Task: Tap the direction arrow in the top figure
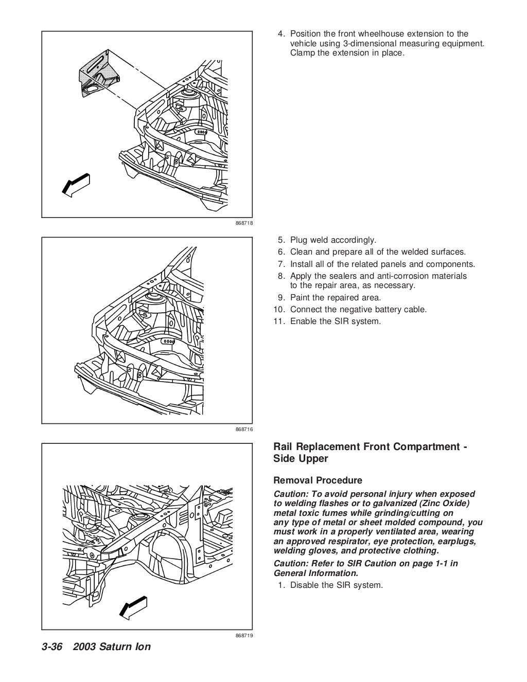(x=76, y=184)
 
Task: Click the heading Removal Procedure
(x=318, y=480)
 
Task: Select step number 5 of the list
(x=281, y=240)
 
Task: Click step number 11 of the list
(x=279, y=321)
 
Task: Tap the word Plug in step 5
(x=298, y=240)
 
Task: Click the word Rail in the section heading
(x=284, y=446)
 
